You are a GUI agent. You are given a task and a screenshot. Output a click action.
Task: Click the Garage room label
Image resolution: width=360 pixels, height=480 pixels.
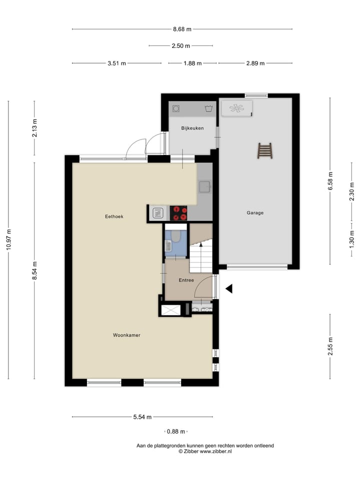254,212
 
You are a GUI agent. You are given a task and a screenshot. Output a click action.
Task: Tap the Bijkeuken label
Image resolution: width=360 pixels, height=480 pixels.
192,128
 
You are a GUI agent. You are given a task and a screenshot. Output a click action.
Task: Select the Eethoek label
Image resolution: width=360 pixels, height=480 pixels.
114,216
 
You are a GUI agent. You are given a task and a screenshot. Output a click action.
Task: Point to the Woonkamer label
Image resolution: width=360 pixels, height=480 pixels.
126,335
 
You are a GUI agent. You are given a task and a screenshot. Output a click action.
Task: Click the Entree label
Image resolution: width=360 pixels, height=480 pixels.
186,280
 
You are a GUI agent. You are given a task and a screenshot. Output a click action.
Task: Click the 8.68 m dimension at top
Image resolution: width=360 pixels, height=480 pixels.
182,29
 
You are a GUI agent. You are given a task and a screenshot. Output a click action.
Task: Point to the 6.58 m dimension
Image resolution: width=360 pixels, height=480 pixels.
330,180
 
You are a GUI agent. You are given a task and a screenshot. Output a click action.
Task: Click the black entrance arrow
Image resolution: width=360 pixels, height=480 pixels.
229,288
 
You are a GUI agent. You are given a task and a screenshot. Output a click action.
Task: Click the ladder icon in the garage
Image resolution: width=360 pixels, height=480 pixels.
264,150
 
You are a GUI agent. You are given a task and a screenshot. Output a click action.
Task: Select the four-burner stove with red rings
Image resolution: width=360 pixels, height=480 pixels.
178,213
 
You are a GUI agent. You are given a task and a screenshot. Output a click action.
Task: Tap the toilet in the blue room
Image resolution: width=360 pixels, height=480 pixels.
176,234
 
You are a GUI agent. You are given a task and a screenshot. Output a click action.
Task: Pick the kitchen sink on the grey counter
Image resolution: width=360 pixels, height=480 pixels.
204,187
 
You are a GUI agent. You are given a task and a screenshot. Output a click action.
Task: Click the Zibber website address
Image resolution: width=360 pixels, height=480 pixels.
215,451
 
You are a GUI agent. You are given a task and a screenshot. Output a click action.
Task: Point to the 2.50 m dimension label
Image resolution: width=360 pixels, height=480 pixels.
180,46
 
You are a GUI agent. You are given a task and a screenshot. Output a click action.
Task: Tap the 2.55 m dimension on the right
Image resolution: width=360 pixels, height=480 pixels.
330,346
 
